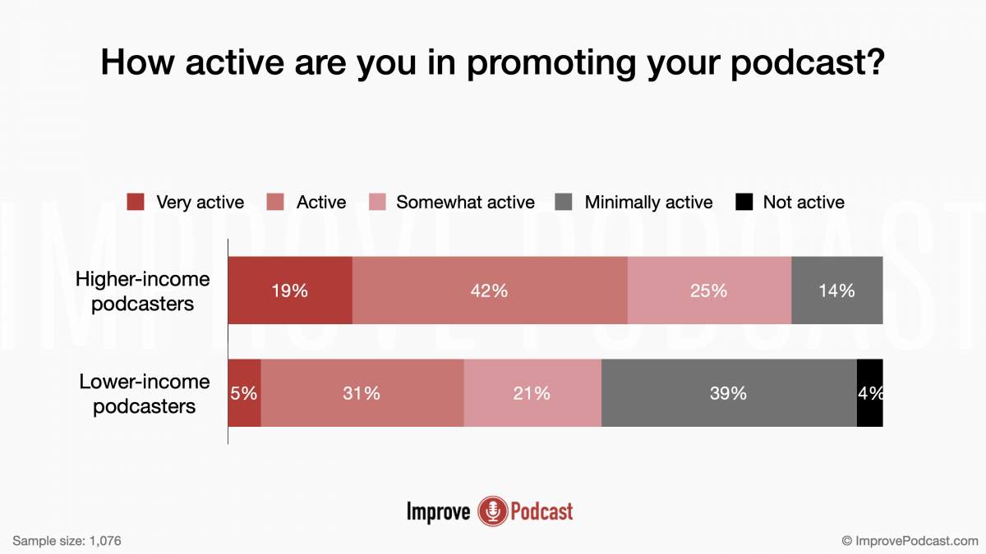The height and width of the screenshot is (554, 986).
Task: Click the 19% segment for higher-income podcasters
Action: pyautogui.click(x=289, y=291)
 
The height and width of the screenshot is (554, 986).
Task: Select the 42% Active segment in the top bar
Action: pyautogui.click(x=490, y=291)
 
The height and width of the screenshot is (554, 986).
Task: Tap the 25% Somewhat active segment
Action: pyautogui.click(x=709, y=291)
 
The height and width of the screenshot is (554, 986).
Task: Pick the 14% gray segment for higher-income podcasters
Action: pyautogui.click(x=836, y=291)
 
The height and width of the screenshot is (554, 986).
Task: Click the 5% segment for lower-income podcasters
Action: pyautogui.click(x=244, y=393)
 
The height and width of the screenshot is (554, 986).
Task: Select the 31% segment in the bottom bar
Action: pyautogui.click(x=362, y=393)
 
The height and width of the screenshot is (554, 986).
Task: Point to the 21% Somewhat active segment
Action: pyautogui.click(x=532, y=393)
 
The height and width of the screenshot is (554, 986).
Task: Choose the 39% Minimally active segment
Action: pyautogui.click(x=729, y=393)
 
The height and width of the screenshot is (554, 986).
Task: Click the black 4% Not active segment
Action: pyautogui.click(x=869, y=393)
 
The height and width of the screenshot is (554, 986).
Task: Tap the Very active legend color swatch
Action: pyautogui.click(x=136, y=202)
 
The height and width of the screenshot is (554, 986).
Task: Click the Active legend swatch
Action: pyautogui.click(x=276, y=202)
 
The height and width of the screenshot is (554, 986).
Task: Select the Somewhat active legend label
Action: pyautogui.click(x=465, y=202)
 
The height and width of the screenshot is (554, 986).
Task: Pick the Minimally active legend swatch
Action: pyautogui.click(x=564, y=202)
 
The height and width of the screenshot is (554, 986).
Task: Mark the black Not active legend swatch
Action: pyautogui.click(x=743, y=202)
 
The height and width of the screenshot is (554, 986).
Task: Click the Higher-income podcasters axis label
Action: pyautogui.click(x=143, y=291)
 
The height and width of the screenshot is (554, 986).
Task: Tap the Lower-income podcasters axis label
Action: pyautogui.click(x=144, y=393)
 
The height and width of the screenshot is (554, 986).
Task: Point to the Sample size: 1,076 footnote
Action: pyautogui.click(x=67, y=541)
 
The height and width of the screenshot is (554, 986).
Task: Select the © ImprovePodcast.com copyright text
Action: pyautogui.click(x=910, y=541)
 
